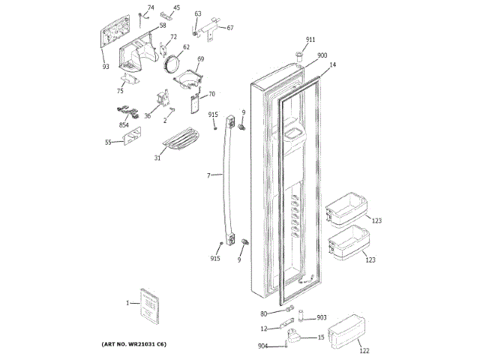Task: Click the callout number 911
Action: [x=310, y=39]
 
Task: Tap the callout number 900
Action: [x=322, y=55]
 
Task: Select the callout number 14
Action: [x=332, y=65]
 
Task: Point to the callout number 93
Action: [x=106, y=67]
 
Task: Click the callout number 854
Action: [x=124, y=124]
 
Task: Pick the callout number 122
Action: [x=364, y=350]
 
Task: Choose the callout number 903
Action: [x=321, y=318]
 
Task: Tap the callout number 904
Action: [x=262, y=346]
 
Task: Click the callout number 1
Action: [x=127, y=303]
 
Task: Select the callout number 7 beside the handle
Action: [x=208, y=175]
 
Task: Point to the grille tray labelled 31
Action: [x=178, y=139]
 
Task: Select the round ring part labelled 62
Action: [x=174, y=64]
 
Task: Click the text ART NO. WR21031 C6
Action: [x=133, y=343]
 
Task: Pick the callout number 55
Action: [x=108, y=142]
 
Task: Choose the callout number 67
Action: [x=230, y=28]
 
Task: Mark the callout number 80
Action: [x=264, y=313]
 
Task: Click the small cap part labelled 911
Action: [x=300, y=53]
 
